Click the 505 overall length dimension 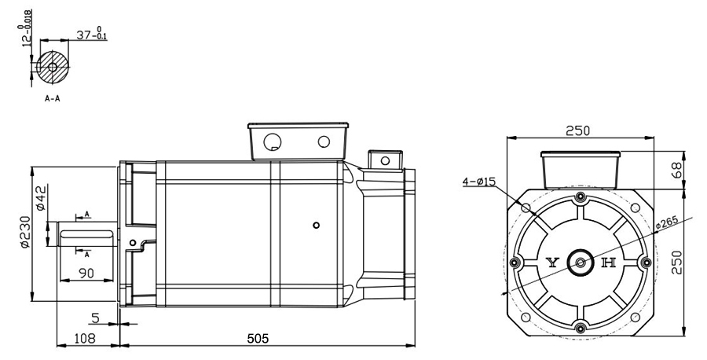tap(258, 338)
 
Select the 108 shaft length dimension tap(85, 338)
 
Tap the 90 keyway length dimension tap(86, 273)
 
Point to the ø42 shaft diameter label tap(41, 197)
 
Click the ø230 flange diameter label tap(25, 231)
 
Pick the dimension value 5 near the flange tap(95, 318)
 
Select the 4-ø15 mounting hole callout tap(479, 182)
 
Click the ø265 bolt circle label tap(667, 223)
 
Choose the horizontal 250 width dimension tap(577, 130)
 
